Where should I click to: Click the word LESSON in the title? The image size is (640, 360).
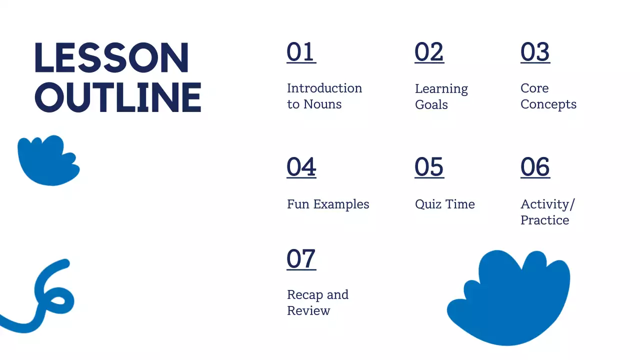(111, 58)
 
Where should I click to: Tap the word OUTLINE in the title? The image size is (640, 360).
(118, 96)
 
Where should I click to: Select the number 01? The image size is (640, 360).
(301, 52)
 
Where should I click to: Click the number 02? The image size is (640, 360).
(429, 52)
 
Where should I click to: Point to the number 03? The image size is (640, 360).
(535, 52)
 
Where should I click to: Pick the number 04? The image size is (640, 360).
(301, 167)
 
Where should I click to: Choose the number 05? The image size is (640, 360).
(429, 167)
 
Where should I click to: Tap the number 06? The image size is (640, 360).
(535, 167)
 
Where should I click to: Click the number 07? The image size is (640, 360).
(301, 259)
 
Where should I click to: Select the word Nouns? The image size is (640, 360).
(322, 104)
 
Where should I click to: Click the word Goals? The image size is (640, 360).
(431, 105)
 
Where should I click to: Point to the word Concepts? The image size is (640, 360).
(548, 104)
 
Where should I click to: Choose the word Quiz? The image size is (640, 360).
(425, 204)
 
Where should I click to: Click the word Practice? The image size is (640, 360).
(544, 220)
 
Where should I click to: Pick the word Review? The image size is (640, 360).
(308, 311)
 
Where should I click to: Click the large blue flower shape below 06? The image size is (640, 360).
(510, 300)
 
